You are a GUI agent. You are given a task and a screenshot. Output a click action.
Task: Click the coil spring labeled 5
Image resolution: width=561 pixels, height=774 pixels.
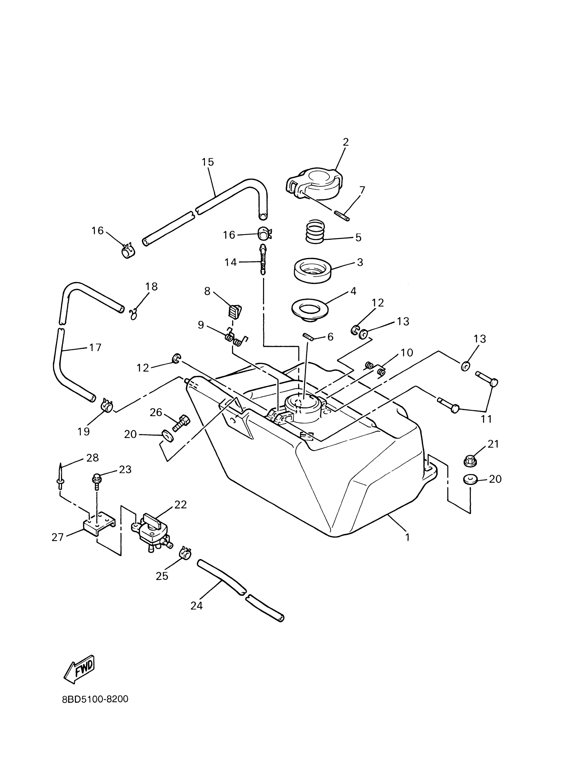click(315, 232)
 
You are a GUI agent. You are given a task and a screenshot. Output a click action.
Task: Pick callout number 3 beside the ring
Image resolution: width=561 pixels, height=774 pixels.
click(360, 263)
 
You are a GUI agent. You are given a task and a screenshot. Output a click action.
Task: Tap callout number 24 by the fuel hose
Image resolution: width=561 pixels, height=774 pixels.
click(197, 606)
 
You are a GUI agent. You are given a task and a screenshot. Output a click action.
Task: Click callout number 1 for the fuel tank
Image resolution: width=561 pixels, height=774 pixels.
click(407, 537)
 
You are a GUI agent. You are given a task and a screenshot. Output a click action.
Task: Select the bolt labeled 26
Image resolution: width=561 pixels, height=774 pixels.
click(180, 423)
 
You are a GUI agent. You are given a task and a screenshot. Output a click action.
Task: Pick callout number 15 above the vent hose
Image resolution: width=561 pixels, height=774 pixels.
click(208, 162)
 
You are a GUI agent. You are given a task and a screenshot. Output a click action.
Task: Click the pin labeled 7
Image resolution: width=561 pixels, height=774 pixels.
click(342, 216)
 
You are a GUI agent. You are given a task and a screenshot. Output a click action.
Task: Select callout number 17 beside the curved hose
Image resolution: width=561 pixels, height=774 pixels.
click(95, 347)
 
